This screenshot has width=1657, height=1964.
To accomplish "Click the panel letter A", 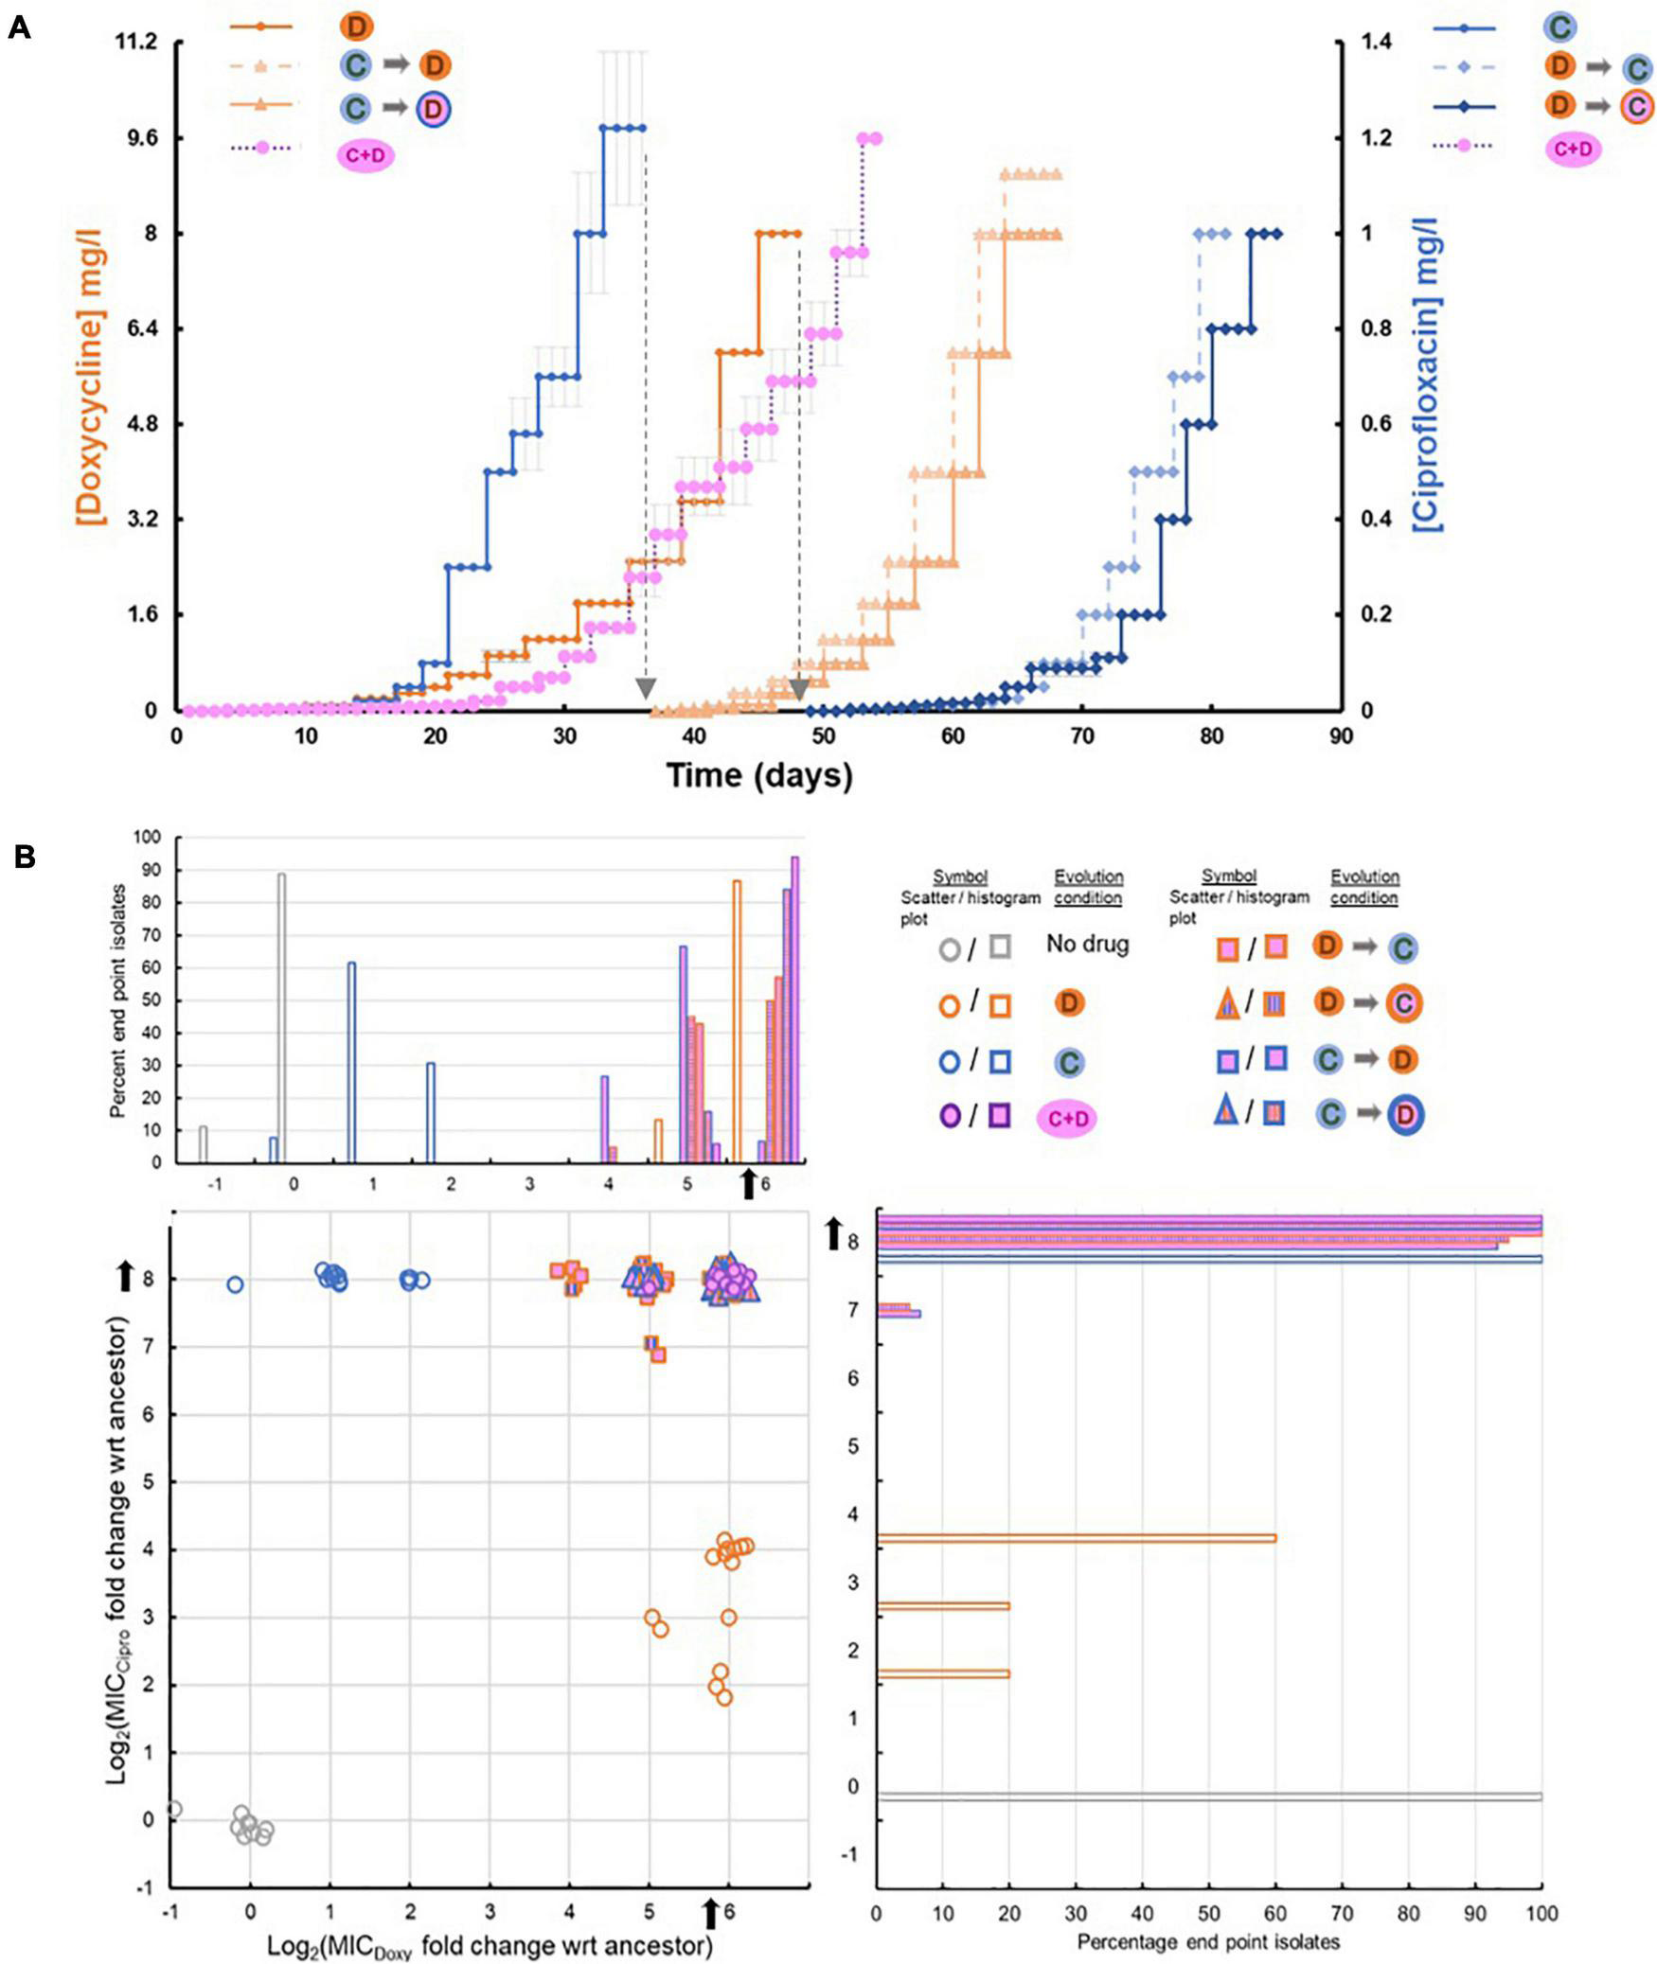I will pos(19,27).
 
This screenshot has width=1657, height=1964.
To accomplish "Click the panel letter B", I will pos(23,857).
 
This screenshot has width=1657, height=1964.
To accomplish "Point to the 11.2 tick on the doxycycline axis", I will pos(136,43).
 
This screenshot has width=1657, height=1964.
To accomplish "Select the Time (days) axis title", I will pos(759,775).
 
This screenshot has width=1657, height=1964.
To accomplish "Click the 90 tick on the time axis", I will pos(1341,737).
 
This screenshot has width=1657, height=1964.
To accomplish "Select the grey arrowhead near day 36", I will pos(646,688).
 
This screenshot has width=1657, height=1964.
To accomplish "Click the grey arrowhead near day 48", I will pos(799,688).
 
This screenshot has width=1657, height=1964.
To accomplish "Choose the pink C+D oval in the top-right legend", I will pos(1573,149).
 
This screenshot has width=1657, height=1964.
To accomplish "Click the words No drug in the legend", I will pos(1087,944).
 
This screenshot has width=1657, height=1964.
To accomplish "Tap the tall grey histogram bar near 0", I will pos(281,1017).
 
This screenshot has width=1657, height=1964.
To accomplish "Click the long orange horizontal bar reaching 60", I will pos(1076,1538).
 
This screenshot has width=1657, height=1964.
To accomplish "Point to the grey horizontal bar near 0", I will pos(1209,1796).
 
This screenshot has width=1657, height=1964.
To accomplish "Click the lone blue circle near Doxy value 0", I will pos(235,1284).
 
